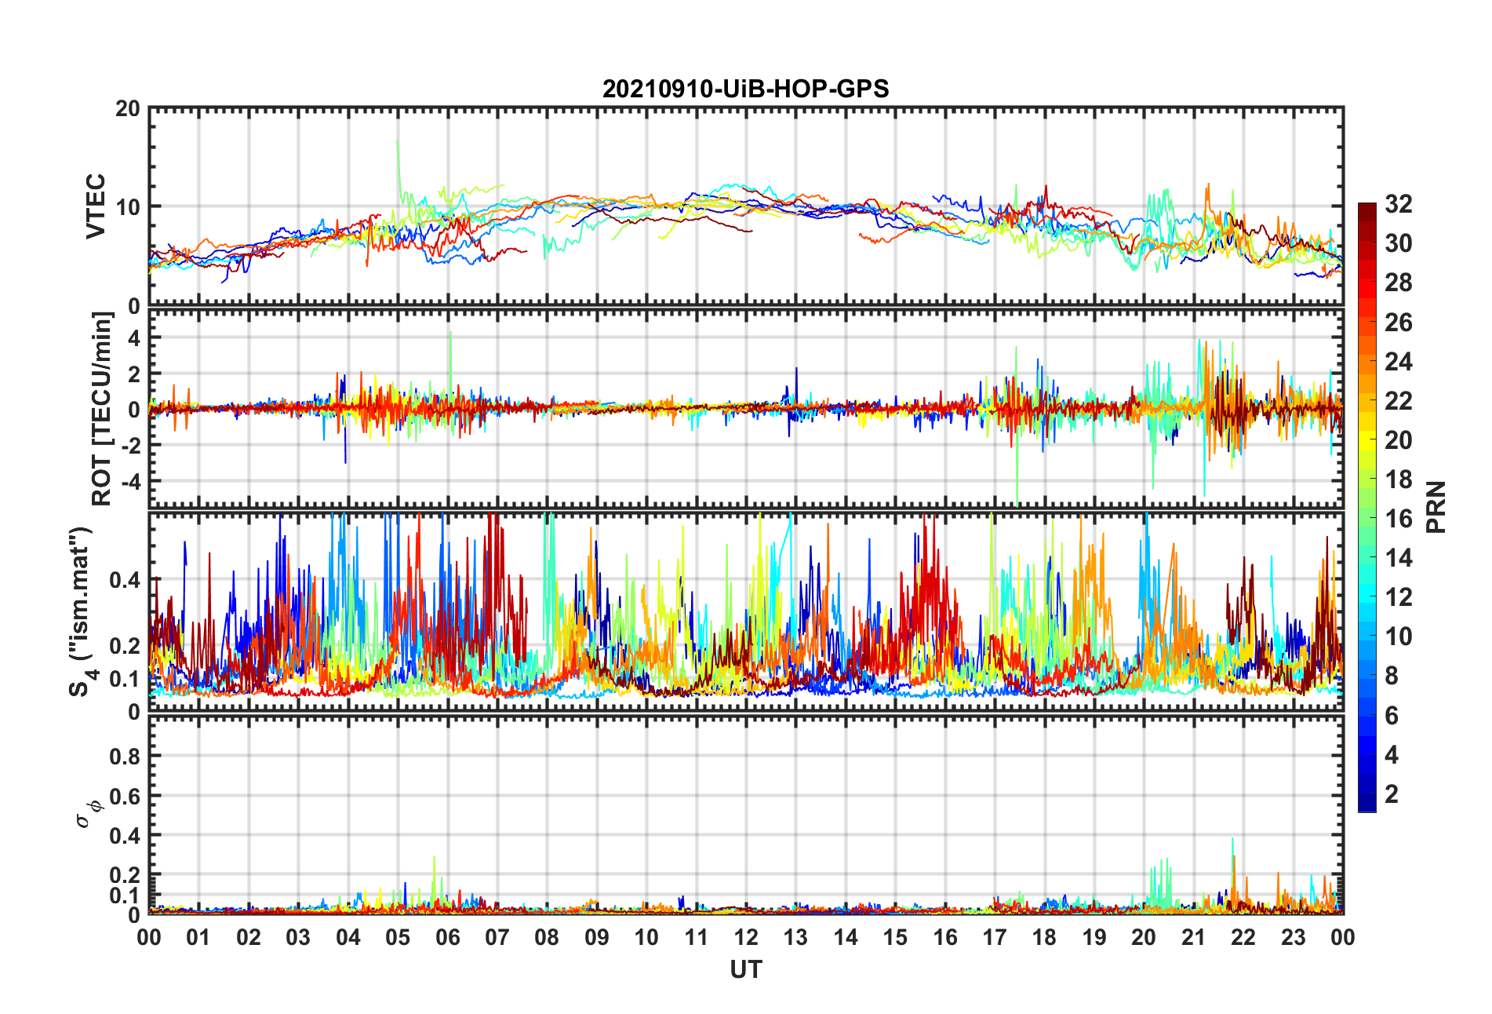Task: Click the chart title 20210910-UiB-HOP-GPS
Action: [x=745, y=89]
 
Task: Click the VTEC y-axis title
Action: [x=96, y=206]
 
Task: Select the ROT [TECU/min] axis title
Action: [x=102, y=409]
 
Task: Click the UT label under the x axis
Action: [x=745, y=970]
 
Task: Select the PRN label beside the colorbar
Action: [x=1436, y=507]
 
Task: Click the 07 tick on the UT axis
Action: [x=497, y=937]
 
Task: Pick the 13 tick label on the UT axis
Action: [x=795, y=937]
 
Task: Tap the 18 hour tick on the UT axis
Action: [x=1044, y=937]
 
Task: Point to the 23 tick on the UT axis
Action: [x=1293, y=937]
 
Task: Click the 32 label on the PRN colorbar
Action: [x=1398, y=204]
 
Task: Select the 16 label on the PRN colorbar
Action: [x=1398, y=519]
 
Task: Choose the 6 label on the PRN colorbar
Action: [x=1392, y=716]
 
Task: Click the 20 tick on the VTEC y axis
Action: [x=128, y=108]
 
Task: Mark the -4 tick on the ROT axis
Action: [x=129, y=480]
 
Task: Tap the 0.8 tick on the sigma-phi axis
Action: [x=125, y=756]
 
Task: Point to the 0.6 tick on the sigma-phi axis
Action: [x=125, y=796]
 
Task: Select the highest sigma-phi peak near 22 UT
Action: [x=1232, y=840]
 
